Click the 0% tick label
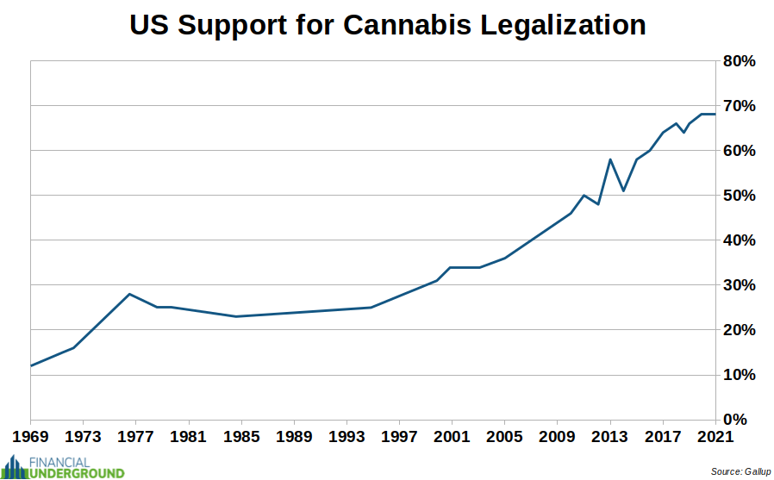click(742, 420)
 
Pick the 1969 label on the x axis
click(31, 436)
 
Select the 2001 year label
click(452, 436)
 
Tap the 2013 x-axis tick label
click(610, 436)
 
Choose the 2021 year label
click(715, 436)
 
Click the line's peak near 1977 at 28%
click(129, 294)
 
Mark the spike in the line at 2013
click(610, 159)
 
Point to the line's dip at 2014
click(623, 190)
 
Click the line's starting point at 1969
click(32, 365)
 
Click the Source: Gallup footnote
click(740, 471)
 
